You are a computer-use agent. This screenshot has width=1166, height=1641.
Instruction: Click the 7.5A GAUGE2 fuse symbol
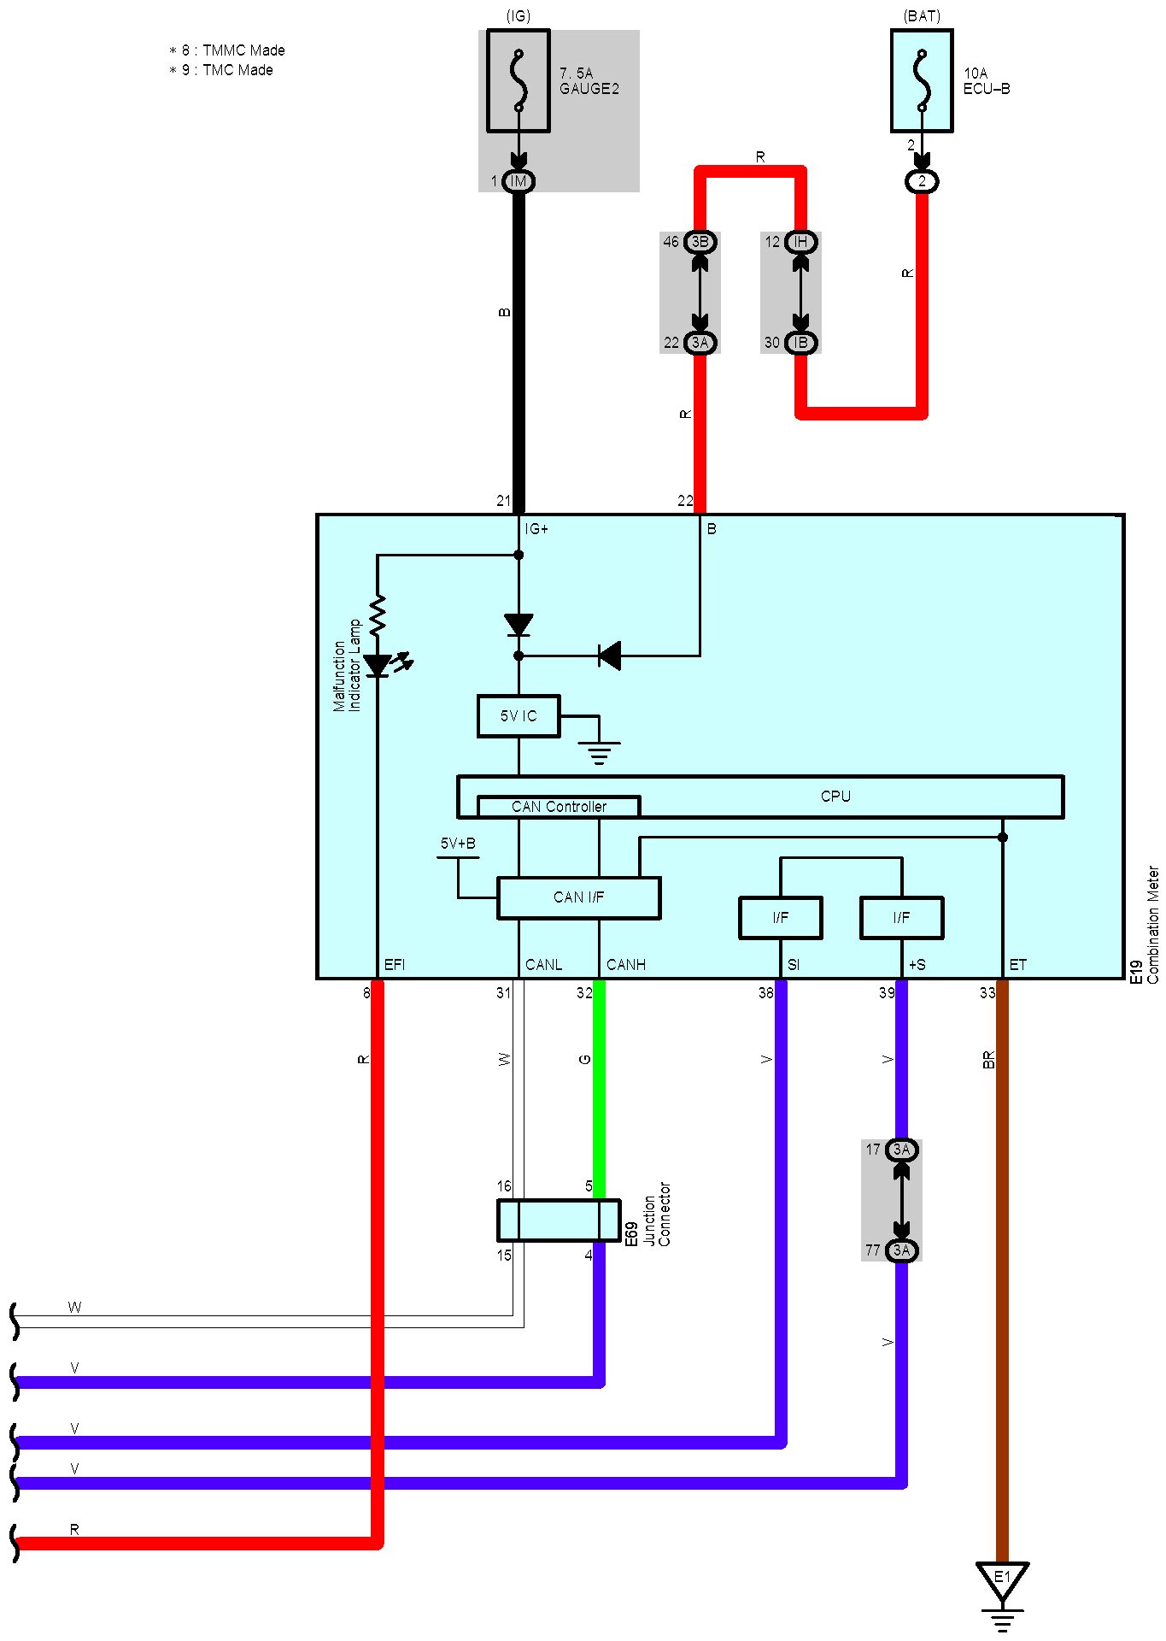tap(518, 81)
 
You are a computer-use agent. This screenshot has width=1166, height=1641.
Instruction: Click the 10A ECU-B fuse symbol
tap(922, 81)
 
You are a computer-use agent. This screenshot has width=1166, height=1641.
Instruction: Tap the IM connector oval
tap(518, 181)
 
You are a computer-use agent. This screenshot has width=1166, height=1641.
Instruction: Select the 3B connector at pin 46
tap(700, 242)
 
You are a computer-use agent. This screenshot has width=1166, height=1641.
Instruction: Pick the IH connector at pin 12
tap(800, 242)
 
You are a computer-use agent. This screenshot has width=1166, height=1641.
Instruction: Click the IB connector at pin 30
tap(800, 343)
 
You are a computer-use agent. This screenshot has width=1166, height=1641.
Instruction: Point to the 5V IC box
tap(519, 716)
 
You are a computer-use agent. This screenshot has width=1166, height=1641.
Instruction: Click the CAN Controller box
tap(559, 807)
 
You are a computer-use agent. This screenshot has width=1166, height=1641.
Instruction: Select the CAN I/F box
tap(578, 897)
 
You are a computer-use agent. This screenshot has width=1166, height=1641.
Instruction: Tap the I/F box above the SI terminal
tap(780, 918)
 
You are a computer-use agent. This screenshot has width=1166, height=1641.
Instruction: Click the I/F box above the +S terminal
tap(901, 918)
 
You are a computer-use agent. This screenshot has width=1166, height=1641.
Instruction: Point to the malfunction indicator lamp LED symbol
tap(378, 665)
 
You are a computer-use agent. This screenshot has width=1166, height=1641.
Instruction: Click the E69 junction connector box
tap(559, 1220)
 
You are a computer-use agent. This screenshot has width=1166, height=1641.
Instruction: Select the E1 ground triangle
tap(1002, 1579)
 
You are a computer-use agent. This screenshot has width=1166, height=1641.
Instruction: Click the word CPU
tap(835, 796)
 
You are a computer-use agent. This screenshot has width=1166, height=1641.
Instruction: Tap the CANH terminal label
tap(626, 965)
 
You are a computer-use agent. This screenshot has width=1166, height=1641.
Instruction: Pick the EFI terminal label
tap(395, 965)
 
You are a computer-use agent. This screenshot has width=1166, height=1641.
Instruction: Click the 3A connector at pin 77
tap(901, 1250)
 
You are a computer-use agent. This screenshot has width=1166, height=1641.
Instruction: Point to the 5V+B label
tap(458, 844)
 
